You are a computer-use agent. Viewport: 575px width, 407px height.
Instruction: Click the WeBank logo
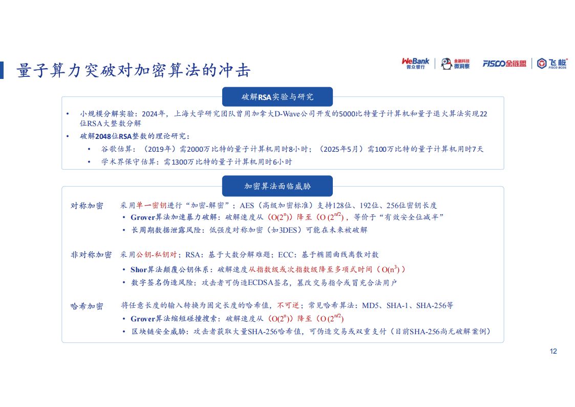(415, 64)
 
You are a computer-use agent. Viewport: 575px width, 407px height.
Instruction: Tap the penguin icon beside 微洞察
(446, 64)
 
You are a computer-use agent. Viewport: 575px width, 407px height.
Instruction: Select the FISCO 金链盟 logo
(504, 64)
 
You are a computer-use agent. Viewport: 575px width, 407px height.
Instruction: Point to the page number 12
(552, 351)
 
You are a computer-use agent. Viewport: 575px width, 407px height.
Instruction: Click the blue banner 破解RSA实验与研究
(277, 97)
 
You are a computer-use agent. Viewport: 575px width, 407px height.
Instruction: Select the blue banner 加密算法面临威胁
(277, 186)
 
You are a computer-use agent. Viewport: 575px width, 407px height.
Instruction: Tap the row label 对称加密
(87, 206)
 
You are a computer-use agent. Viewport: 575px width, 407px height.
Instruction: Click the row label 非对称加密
(91, 255)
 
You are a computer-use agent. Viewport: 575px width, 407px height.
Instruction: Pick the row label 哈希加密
(87, 306)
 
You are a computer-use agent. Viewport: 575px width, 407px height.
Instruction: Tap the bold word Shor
(139, 269)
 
